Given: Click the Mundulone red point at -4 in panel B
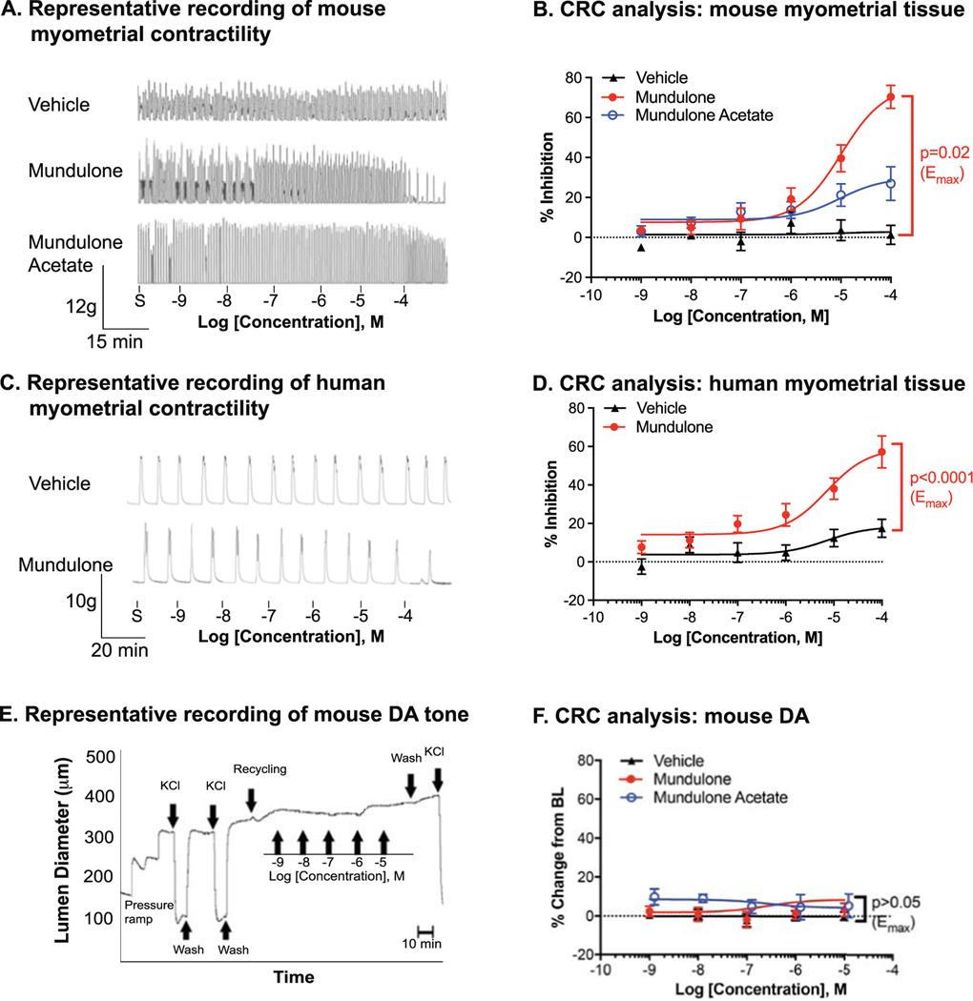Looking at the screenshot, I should coord(891,96).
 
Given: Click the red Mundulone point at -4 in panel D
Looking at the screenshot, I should coord(882,452).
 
